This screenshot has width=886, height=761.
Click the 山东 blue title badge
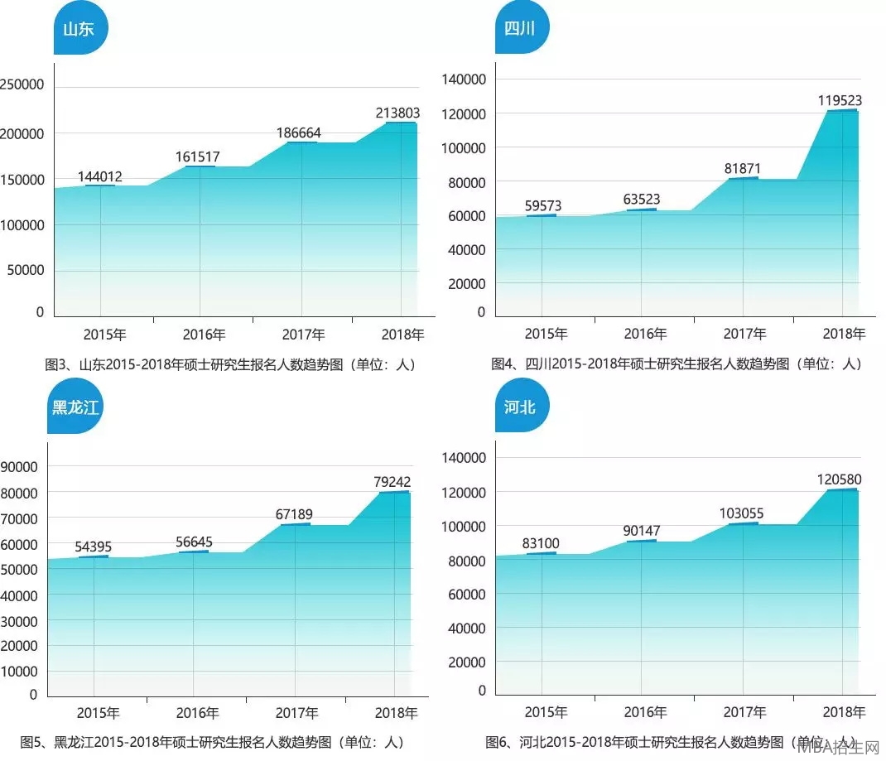point(79,29)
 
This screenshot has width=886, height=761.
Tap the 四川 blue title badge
point(521,29)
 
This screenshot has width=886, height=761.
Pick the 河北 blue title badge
point(521,407)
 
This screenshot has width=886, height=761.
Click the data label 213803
point(398,113)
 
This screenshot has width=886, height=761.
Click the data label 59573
point(543,205)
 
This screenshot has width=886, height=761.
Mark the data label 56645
point(194,542)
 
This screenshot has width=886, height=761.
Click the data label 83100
point(541,544)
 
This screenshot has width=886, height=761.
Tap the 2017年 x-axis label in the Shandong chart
point(303,335)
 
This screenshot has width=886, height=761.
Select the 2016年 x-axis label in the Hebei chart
point(645,712)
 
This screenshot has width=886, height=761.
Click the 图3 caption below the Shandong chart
point(230,364)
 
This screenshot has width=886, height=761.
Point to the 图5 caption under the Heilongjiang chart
point(212,741)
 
